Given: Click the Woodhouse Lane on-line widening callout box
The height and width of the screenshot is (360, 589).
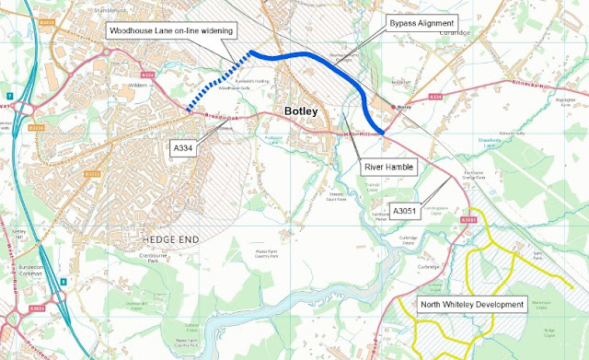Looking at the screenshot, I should click(x=170, y=31).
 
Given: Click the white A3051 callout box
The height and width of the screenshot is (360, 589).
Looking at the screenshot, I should click(x=405, y=211).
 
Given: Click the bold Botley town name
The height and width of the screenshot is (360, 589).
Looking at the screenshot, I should click(x=301, y=112).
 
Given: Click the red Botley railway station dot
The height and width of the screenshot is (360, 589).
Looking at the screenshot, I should click(x=396, y=108).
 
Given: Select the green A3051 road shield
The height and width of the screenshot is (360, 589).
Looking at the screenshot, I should click(x=468, y=220).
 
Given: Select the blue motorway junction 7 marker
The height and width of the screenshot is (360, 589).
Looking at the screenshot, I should click(x=7, y=96).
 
